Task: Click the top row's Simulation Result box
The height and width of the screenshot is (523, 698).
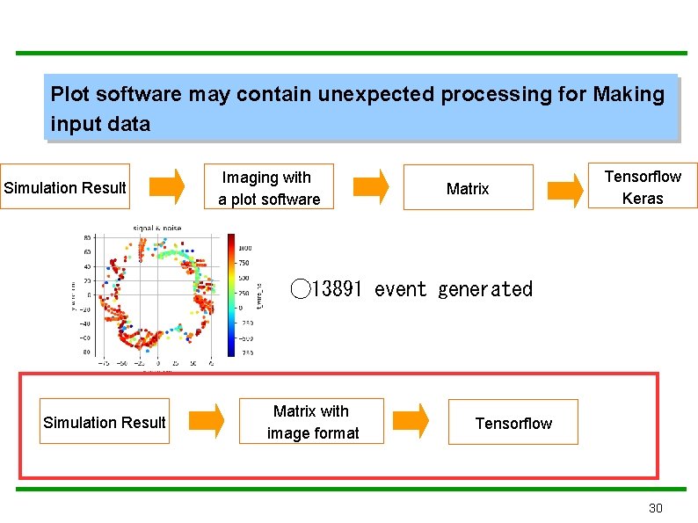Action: (x=65, y=187)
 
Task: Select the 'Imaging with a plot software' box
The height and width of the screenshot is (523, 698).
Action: (x=269, y=188)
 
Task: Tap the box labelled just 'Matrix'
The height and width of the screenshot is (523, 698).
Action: (x=468, y=188)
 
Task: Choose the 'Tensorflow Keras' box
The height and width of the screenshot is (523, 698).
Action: (x=642, y=187)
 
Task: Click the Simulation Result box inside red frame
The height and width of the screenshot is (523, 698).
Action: (x=104, y=423)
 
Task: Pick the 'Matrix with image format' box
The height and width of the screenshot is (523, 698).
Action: (x=312, y=422)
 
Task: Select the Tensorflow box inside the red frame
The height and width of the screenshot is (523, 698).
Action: (x=513, y=424)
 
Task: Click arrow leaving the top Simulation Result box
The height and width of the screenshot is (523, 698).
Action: (x=167, y=186)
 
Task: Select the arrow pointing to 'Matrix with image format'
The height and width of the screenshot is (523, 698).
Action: (x=207, y=421)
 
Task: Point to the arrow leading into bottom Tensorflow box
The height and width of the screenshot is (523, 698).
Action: (x=411, y=421)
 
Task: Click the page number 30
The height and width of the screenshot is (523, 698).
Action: (x=655, y=508)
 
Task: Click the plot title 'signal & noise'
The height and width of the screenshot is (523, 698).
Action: (x=156, y=229)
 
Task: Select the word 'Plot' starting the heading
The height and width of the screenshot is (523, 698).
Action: (x=69, y=94)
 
